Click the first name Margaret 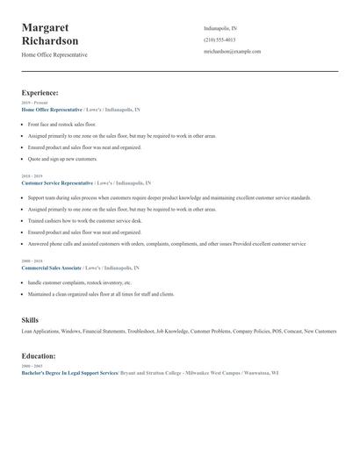tap(46, 28)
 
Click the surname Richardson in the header tap(50, 41)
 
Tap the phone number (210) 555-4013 tap(220, 39)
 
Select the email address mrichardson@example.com tap(232, 52)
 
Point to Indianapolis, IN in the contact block tap(220, 28)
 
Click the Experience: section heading tap(40, 92)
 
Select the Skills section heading tap(30, 320)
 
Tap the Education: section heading tap(39, 356)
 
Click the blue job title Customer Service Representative tap(57, 183)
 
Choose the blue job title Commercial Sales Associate tap(52, 268)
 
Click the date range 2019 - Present tap(35, 103)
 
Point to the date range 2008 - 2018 tap(32, 261)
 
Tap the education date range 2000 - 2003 tap(32, 366)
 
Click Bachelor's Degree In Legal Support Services tap(69, 373)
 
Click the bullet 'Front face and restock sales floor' tap(62, 125)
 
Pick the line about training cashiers tap(84, 221)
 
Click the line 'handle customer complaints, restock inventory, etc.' tap(79, 283)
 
